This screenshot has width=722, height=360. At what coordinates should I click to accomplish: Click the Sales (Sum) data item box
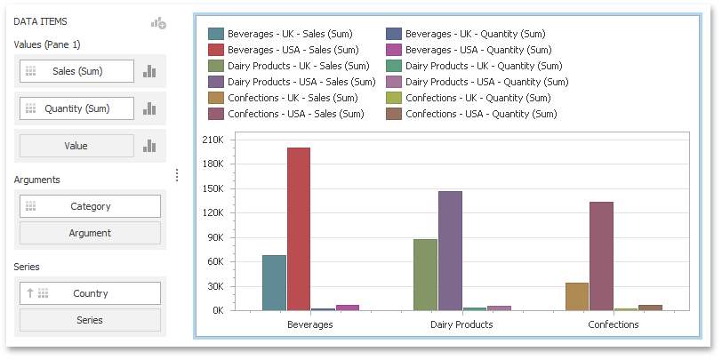point(76,71)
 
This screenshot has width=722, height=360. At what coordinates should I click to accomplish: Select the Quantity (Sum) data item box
point(76,108)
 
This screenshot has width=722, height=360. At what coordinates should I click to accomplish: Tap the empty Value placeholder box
point(76,146)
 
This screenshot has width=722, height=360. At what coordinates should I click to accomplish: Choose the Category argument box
point(90,206)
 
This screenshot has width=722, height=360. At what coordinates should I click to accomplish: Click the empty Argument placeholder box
point(90,233)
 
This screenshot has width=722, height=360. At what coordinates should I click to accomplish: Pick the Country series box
point(90,293)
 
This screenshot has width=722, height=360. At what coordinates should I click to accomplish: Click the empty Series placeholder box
point(90,320)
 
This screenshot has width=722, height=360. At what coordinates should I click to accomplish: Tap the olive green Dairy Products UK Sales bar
point(425,275)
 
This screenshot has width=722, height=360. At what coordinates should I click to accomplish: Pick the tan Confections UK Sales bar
point(576,296)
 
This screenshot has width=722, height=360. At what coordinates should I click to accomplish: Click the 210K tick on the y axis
point(212,140)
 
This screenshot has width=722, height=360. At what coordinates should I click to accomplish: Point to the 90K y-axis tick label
point(213,237)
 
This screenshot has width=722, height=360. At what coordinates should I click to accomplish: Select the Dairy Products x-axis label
point(461,325)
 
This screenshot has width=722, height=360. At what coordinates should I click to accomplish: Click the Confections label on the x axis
point(613,325)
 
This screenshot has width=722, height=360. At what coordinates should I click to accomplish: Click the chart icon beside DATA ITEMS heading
point(158,23)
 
